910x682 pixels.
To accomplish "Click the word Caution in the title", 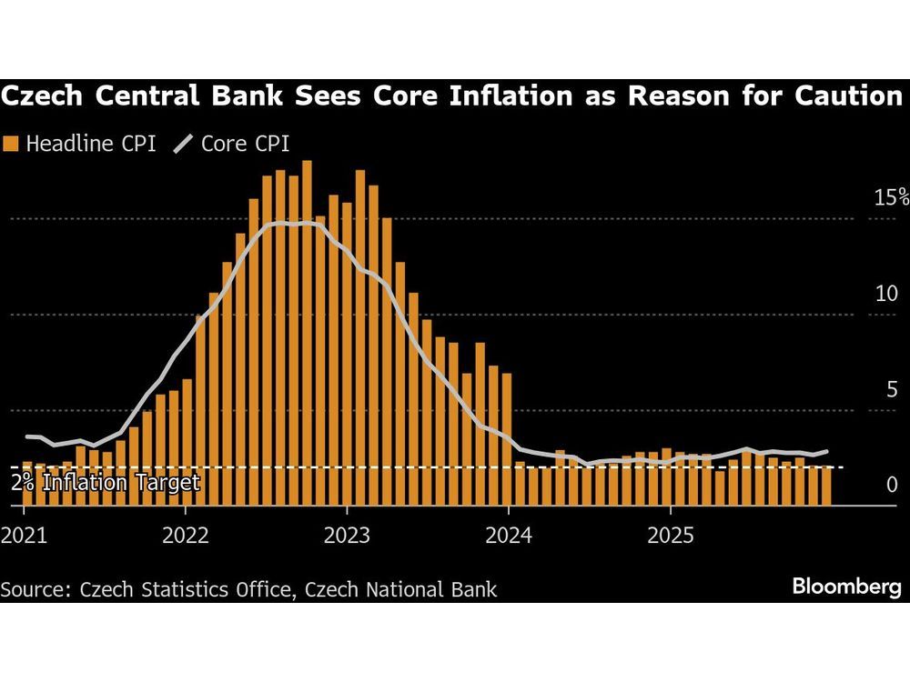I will coord(844,96).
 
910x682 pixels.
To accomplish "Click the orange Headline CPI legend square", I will coord(11,143).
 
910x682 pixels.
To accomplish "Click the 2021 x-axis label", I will coord(25,533).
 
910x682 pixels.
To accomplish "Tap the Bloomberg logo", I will coord(846,587).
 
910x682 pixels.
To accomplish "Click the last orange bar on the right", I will coord(826,486).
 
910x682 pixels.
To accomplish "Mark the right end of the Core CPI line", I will coord(827,450).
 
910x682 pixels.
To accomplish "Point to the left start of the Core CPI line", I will coord(25,436).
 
